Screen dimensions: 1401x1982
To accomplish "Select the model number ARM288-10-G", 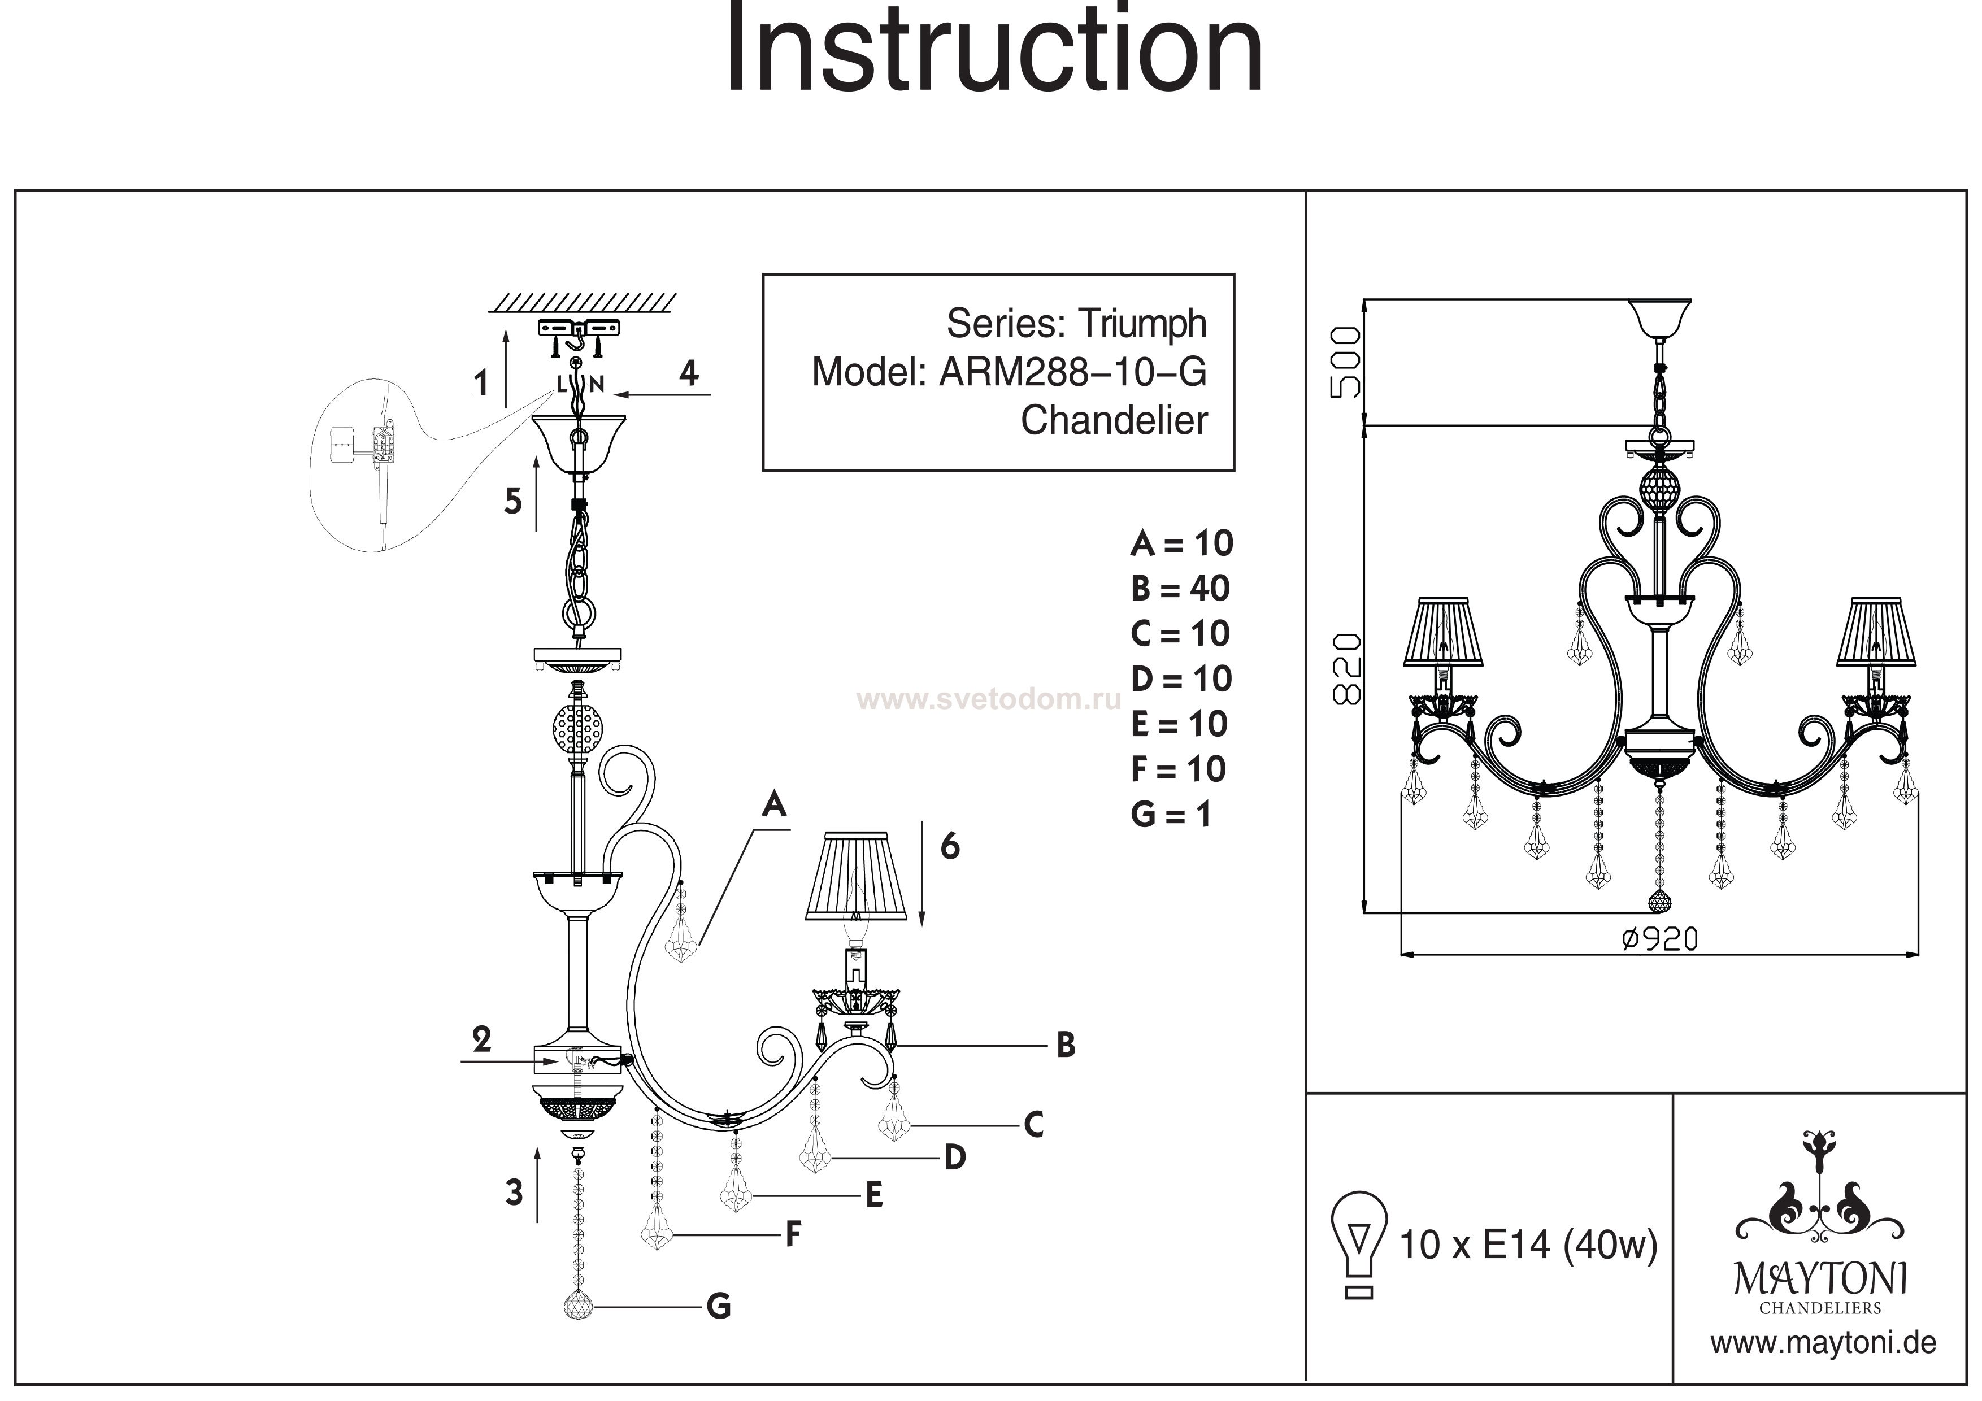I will tap(1072, 372).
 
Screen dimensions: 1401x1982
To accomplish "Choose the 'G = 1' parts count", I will tap(1171, 814).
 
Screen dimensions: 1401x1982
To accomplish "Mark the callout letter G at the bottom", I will tap(718, 1307).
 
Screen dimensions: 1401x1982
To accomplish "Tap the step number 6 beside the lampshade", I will tap(950, 847).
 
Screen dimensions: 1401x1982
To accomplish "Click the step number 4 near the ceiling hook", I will tap(688, 373).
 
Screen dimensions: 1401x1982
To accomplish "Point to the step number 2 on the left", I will tap(482, 1039).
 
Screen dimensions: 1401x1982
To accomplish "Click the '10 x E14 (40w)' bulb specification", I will tap(1528, 1245).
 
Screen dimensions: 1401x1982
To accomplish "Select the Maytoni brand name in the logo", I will tap(1820, 1277).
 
